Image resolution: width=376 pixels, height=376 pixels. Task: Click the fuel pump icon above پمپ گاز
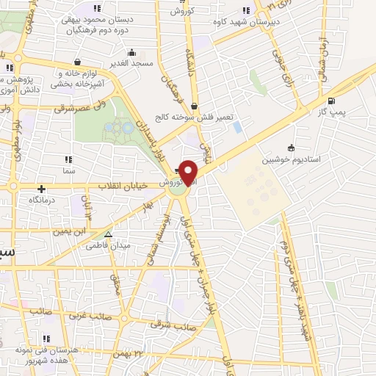(332, 101)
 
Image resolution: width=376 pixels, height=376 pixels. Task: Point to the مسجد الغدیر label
(132, 64)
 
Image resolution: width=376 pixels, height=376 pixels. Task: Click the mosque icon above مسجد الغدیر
(131, 52)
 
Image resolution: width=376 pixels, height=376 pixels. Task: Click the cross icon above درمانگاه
(42, 189)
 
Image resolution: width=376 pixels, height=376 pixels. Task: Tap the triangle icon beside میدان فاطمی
(108, 235)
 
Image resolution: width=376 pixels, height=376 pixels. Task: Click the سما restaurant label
(70, 170)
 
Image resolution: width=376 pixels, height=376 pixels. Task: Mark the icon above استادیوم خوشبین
(291, 147)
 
